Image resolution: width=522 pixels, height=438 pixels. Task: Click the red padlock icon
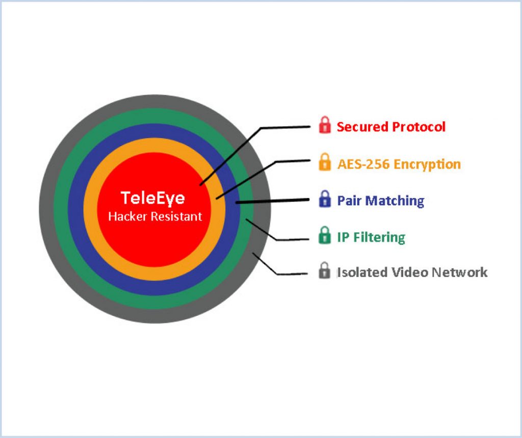325,125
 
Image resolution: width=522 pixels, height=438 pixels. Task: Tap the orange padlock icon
325,162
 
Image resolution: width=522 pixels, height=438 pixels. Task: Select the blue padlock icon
325,199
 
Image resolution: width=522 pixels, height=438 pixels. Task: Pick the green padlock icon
325,235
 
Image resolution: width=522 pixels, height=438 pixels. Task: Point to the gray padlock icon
325,270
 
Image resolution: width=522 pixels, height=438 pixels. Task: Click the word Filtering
379,238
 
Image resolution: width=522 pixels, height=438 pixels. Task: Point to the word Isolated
362,272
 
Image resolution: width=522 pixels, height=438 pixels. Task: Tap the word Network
460,272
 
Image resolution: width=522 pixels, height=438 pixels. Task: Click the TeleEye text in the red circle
153,198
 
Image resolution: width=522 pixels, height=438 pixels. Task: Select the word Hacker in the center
127,216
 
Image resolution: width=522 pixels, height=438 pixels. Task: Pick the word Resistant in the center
176,216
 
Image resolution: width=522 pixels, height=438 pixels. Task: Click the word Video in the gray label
410,272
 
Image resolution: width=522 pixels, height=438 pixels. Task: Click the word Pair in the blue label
349,201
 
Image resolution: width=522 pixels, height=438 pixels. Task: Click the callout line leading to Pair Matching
272,201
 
